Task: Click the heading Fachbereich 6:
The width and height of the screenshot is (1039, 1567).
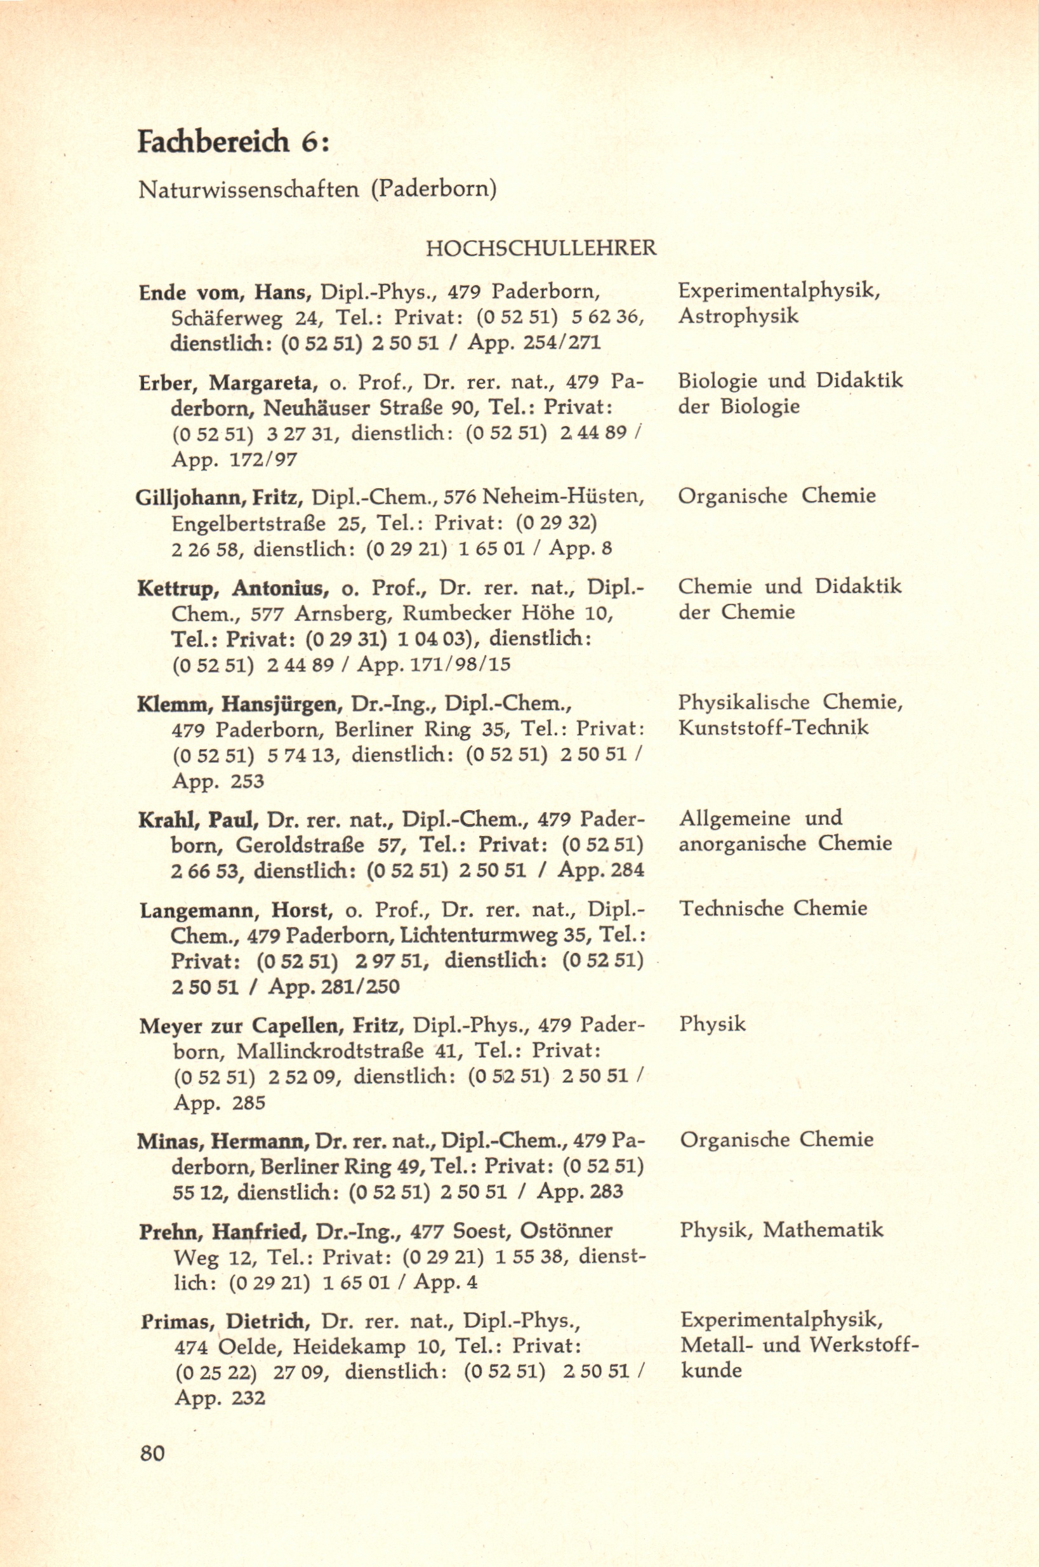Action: pos(232,142)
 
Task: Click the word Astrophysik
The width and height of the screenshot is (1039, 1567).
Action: pos(738,316)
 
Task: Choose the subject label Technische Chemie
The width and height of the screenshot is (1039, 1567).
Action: pos(773,907)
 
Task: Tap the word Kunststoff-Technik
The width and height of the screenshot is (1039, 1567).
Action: pos(773,727)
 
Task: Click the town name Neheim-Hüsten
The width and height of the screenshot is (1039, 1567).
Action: pos(563,496)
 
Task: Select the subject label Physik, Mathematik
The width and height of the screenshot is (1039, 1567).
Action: pos(781,1230)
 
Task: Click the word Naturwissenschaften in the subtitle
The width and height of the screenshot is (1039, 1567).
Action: pos(249,190)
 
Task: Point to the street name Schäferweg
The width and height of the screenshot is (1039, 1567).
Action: pos(227,317)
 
